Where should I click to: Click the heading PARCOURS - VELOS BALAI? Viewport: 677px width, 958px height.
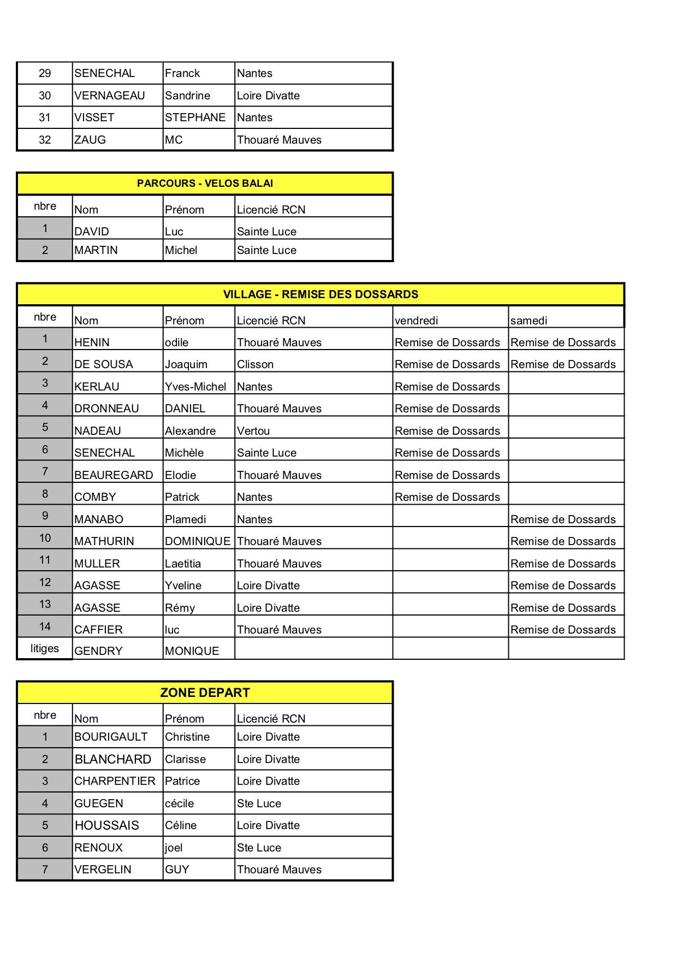[205, 184]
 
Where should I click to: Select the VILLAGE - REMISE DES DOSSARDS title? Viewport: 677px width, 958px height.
[320, 294]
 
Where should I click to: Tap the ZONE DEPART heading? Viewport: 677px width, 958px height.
[205, 693]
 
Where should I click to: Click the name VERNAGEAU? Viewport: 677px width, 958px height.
[110, 96]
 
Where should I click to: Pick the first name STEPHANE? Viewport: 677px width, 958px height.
[195, 117]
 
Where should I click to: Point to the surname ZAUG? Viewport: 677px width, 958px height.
[90, 140]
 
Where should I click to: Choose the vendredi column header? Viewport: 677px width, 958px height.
[417, 321]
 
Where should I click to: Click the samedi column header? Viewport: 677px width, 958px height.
[528, 321]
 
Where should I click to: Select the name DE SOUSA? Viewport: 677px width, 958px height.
[104, 364]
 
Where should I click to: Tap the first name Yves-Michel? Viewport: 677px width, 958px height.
[195, 387]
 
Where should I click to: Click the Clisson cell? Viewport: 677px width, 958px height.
[255, 364]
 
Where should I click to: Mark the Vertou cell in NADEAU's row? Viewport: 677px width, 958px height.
[253, 431]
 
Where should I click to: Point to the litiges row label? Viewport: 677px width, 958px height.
[45, 648]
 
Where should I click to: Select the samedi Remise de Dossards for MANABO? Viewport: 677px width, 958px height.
[563, 519]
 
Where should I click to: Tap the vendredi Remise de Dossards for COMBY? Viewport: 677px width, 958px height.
[447, 497]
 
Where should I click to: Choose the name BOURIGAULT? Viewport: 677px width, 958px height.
[111, 737]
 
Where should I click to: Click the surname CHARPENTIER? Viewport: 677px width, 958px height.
[115, 781]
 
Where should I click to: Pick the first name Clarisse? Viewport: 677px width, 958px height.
[185, 759]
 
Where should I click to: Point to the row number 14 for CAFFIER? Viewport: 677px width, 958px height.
[45, 626]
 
